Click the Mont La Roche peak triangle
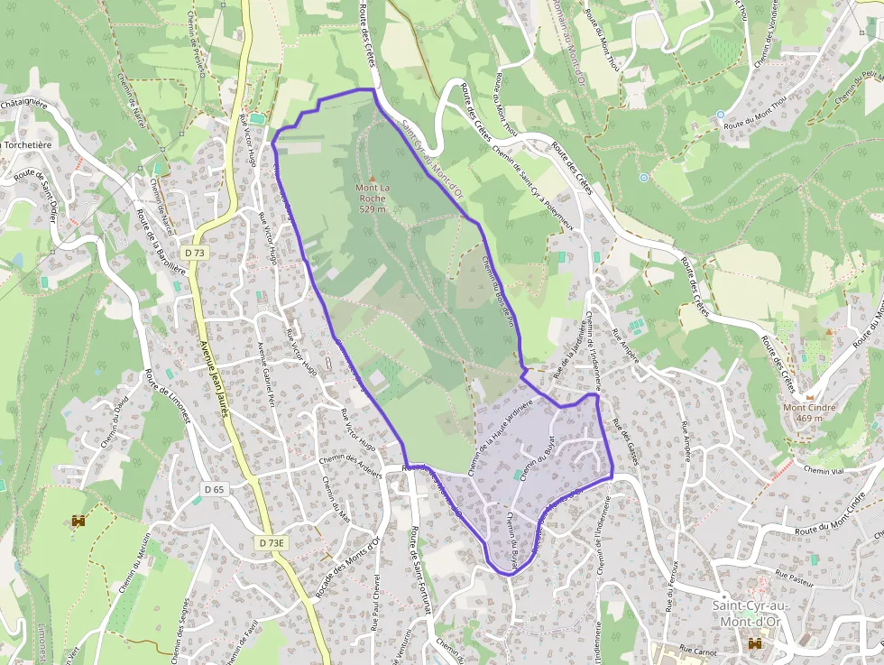371,179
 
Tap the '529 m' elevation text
372,209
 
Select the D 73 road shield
193,253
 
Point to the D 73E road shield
271,543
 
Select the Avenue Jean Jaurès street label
213,374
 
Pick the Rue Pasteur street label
794,578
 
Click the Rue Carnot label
696,650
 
